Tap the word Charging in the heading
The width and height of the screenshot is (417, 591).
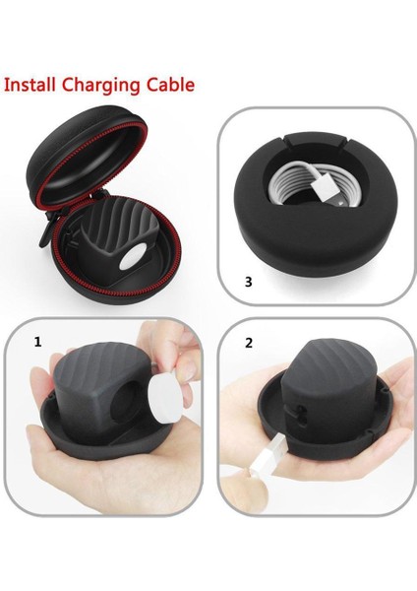[x=100, y=84]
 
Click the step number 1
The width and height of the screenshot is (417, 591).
[x=38, y=343]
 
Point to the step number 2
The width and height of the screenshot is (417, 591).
[x=248, y=343]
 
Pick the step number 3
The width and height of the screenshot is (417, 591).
[x=248, y=282]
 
